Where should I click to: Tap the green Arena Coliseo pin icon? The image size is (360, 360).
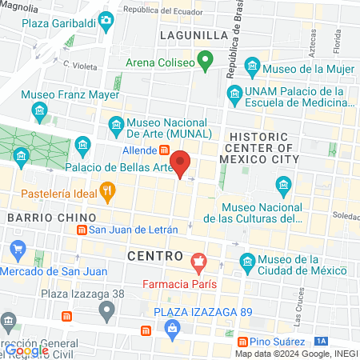click(x=206, y=60)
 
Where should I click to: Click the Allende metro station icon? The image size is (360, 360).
click(x=164, y=150)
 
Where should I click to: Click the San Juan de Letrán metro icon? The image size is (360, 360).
click(x=81, y=230)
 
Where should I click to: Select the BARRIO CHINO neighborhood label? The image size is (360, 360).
click(x=51, y=217)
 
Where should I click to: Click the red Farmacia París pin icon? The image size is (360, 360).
click(x=198, y=260)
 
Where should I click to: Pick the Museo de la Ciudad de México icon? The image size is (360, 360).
click(x=248, y=262)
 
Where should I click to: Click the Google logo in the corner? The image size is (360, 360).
click(x=26, y=350)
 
